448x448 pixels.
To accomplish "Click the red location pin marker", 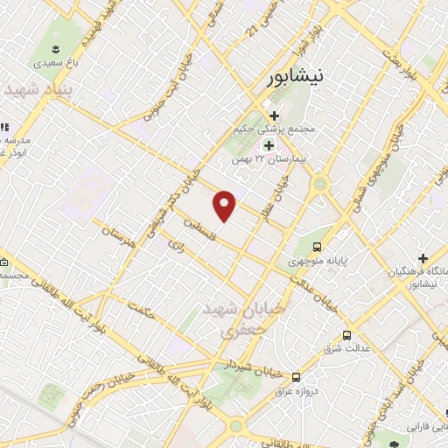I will coord(226,205).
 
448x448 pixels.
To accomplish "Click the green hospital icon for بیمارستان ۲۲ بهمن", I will coord(269,144).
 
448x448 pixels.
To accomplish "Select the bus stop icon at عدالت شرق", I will coord(346,334).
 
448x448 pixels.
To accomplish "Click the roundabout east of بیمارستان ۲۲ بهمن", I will coord(320,184).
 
